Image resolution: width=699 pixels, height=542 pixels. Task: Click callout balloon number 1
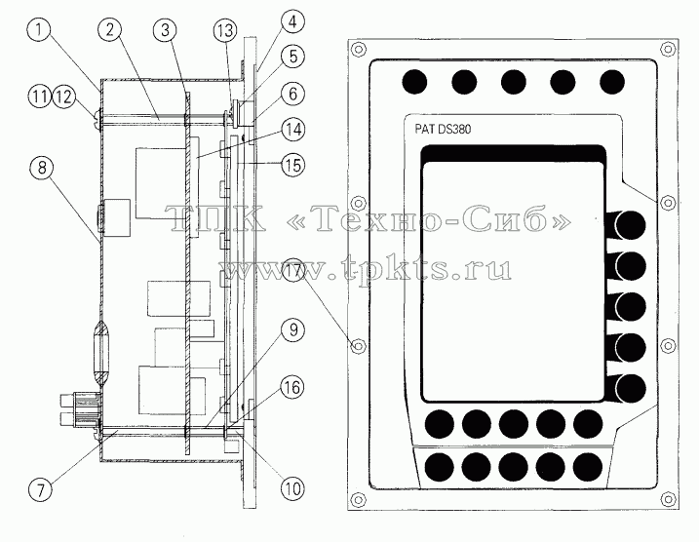pyautogui.click(x=39, y=30)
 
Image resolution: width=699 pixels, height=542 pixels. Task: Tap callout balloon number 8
pyautogui.click(x=42, y=168)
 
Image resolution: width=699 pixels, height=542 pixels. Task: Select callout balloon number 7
pyautogui.click(x=41, y=490)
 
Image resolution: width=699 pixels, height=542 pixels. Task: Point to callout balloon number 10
pyautogui.click(x=292, y=488)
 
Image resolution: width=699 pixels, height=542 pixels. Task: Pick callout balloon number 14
pyautogui.click(x=292, y=130)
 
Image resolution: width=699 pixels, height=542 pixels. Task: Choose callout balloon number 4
pyautogui.click(x=292, y=21)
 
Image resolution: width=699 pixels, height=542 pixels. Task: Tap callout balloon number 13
pyautogui.click(x=224, y=30)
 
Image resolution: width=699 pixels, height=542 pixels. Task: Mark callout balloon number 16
pyautogui.click(x=292, y=387)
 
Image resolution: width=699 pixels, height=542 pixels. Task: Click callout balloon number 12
pyautogui.click(x=64, y=97)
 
